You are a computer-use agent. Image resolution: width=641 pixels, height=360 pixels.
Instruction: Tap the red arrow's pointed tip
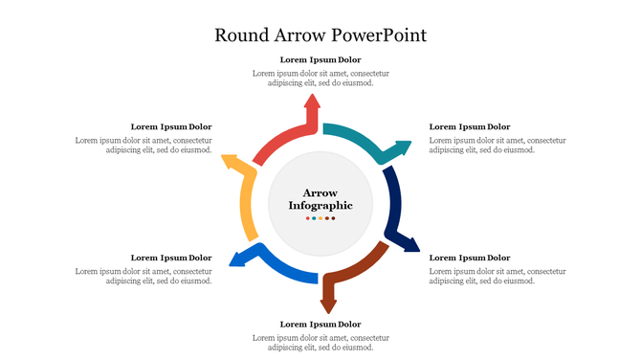click(312, 97)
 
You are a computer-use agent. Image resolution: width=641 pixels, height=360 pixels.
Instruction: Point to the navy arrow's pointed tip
click(416, 249)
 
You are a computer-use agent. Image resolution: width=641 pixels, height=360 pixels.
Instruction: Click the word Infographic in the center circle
click(320, 206)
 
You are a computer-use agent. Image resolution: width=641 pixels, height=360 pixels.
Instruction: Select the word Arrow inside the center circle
click(320, 192)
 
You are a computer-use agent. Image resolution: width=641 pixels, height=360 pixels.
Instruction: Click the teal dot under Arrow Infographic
click(314, 218)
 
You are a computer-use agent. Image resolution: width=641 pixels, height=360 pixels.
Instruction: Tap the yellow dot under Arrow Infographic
click(320, 218)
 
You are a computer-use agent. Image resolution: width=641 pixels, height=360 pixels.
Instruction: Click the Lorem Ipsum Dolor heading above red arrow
click(320, 59)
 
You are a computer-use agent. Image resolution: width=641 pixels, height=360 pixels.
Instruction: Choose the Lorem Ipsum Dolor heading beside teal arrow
click(470, 126)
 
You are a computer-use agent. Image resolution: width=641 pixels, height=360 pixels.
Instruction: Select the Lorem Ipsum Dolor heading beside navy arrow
click(470, 258)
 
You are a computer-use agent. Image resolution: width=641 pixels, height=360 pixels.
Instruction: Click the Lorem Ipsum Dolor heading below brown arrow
click(320, 325)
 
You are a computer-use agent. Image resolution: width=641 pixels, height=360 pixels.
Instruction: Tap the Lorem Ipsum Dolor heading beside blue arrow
click(171, 258)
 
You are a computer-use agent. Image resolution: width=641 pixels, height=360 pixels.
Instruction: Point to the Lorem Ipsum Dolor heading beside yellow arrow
click(171, 126)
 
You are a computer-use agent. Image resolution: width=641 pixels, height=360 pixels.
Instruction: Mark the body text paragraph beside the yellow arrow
click(144, 145)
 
